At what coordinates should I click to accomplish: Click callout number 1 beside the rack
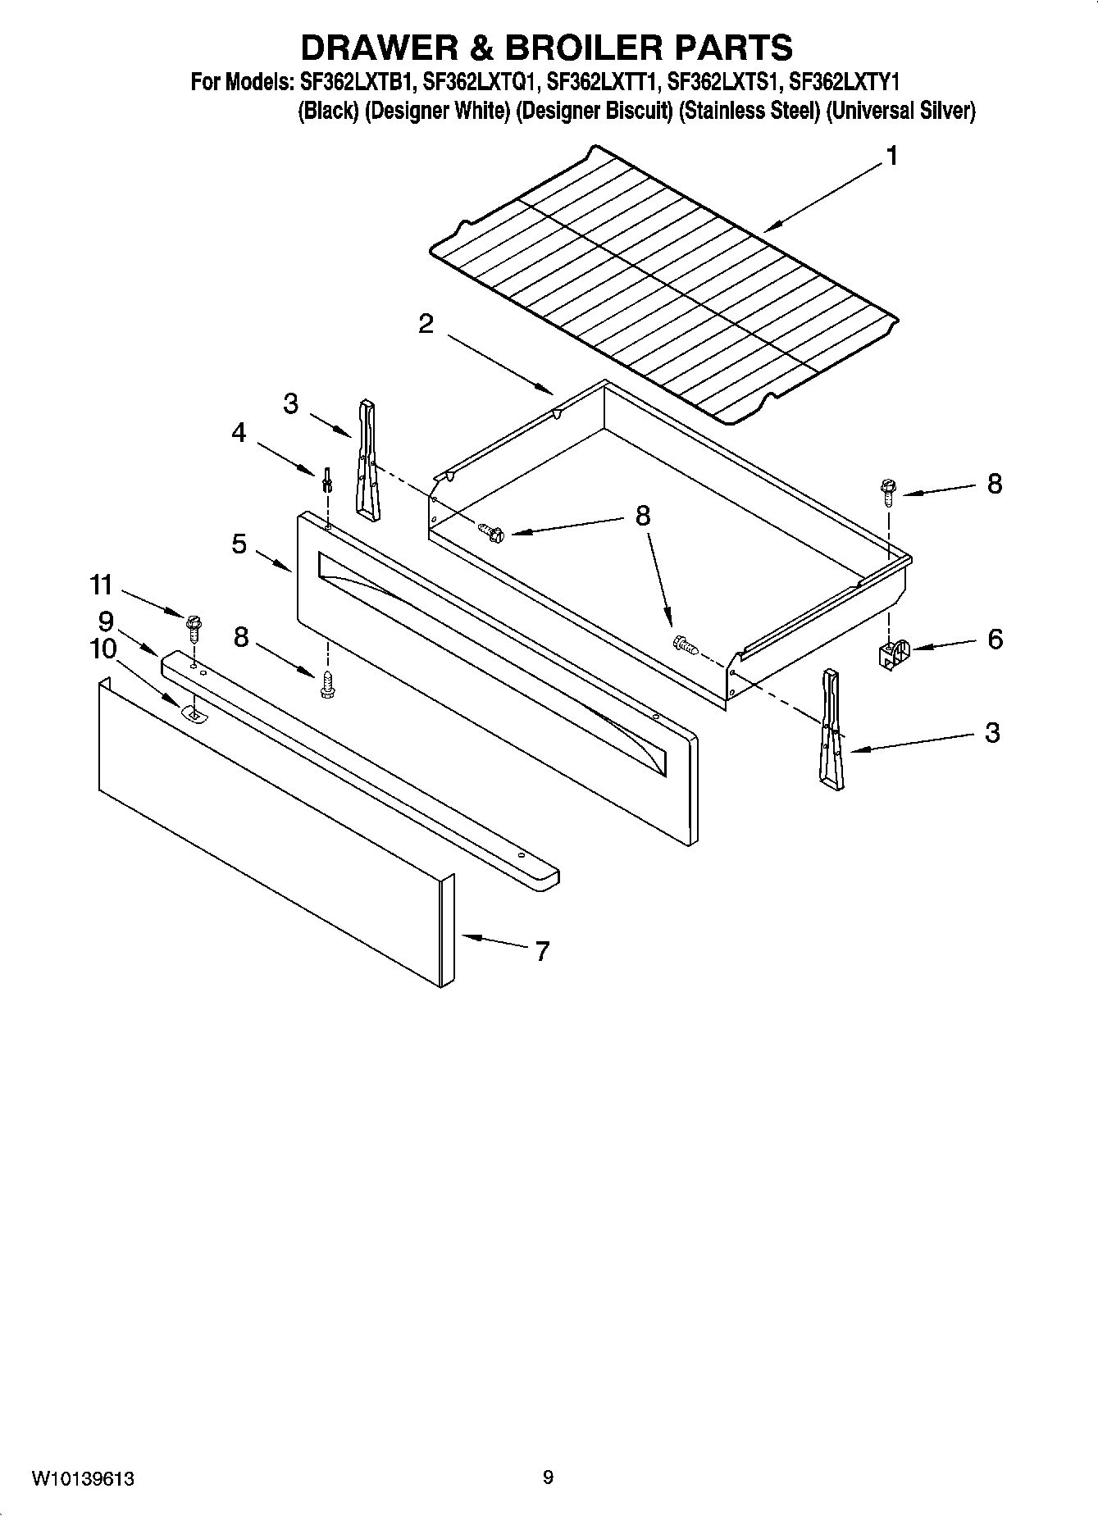pos(891,156)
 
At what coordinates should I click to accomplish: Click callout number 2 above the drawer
pos(426,324)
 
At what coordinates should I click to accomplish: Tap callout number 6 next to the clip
pos(995,639)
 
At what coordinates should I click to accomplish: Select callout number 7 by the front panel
pos(542,951)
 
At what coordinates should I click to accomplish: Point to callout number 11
pos(101,585)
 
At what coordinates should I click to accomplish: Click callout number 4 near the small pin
pos(239,432)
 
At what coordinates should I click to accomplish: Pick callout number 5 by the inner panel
pos(239,544)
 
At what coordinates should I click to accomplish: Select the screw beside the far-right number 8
pos(887,490)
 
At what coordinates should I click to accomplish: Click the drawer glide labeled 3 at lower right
pos(831,729)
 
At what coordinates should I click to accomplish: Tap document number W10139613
pos(84,1478)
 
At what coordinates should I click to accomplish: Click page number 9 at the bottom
pos(548,1477)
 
